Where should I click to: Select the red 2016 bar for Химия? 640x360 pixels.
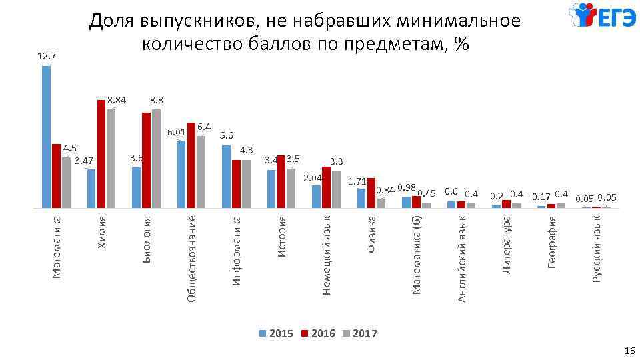click(x=101, y=153)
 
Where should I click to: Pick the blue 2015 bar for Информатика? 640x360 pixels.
click(x=227, y=176)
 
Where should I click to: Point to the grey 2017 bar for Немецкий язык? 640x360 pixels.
click(x=336, y=189)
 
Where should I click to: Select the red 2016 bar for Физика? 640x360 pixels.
click(x=371, y=193)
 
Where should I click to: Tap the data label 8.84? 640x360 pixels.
click(x=117, y=101)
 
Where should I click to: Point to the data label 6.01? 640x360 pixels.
click(x=176, y=131)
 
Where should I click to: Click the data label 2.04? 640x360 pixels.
click(x=313, y=178)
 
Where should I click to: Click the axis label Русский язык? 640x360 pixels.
click(x=597, y=252)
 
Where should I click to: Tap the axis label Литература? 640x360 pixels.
click(x=507, y=243)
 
